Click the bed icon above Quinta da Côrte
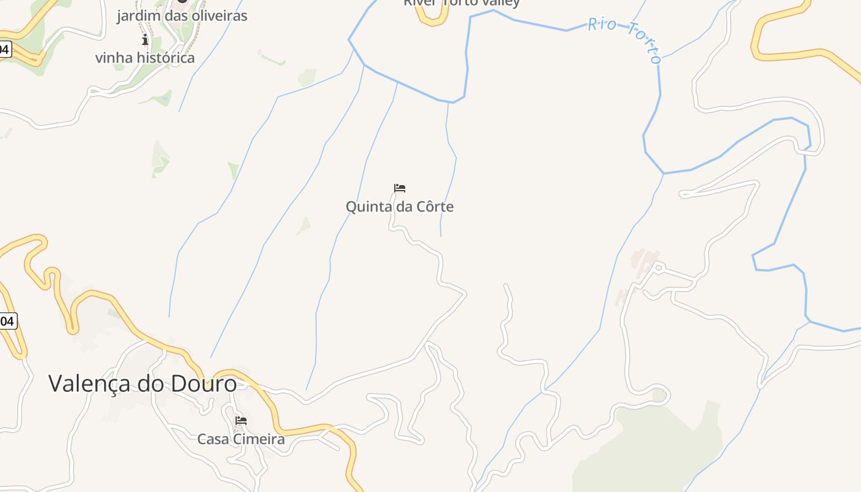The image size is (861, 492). (x=400, y=188)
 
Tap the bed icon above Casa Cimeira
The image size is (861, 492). (x=241, y=421)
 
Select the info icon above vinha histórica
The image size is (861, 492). (x=145, y=40)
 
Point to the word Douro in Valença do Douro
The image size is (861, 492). (x=205, y=384)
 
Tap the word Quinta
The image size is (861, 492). (x=368, y=207)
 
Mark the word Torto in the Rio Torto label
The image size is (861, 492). (x=644, y=43)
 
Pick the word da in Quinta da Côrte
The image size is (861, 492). (x=404, y=207)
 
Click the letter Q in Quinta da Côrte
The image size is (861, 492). (x=351, y=207)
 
